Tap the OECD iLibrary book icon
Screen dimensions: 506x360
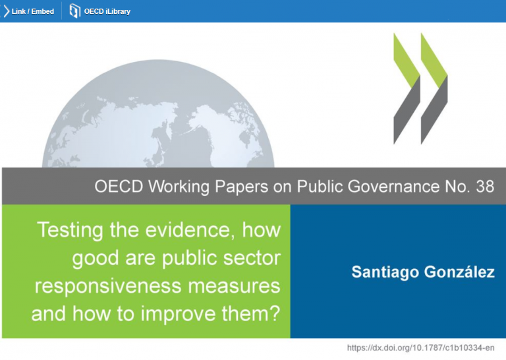pyautogui.click(x=74, y=11)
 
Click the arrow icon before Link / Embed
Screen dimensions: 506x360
pyautogui.click(x=6, y=11)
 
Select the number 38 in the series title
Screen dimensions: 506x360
pyautogui.click(x=485, y=187)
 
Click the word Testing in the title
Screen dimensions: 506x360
pyautogui.click(x=70, y=231)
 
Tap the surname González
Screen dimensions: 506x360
pyautogui.click(x=459, y=271)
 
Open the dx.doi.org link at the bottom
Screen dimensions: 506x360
pyautogui.click(x=420, y=347)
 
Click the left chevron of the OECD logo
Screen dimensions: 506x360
pyautogui.click(x=407, y=88)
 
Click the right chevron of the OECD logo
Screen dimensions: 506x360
pyautogui.click(x=434, y=88)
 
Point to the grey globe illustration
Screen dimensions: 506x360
pyautogui.click(x=158, y=113)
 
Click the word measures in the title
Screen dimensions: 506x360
pyautogui.click(x=235, y=287)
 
